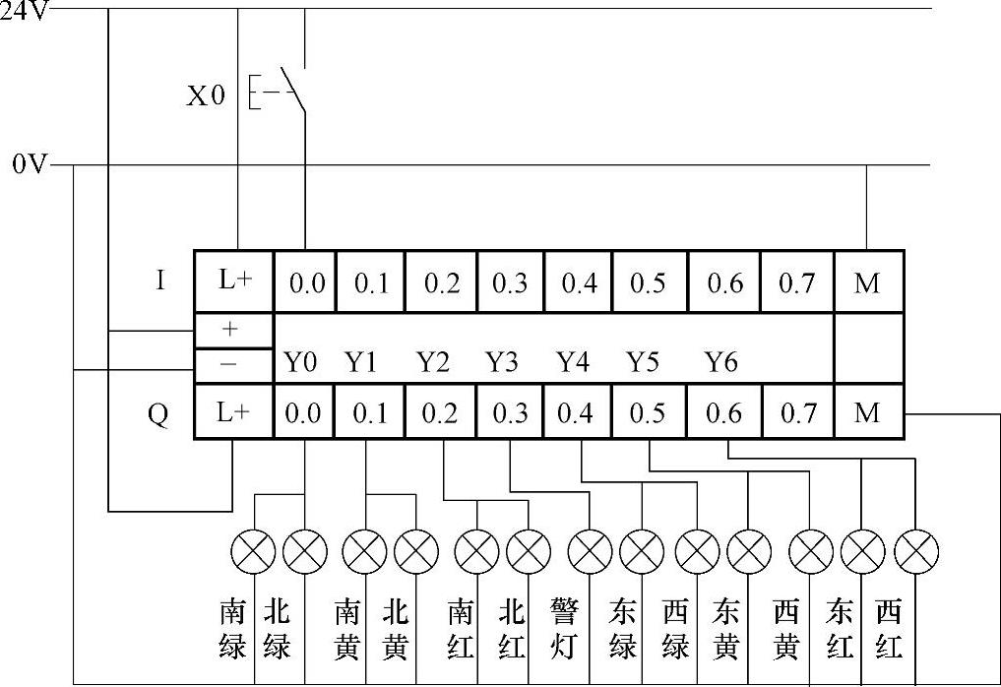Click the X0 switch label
pos(206,95)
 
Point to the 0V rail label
pos(30,164)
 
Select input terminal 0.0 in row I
pos(305,283)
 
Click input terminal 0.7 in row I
pos(796,283)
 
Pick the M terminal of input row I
pos(867,283)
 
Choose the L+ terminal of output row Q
pos(233,413)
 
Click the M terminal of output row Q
pos(867,413)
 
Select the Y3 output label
pos(502,362)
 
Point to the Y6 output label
pos(720,362)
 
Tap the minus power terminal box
pos(233,363)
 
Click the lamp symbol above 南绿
pos(253,552)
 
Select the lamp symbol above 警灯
pos(591,552)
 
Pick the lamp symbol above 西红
pos(916,552)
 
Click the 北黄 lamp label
pos(394,630)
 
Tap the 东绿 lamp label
pos(622,630)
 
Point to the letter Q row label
pos(157,413)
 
